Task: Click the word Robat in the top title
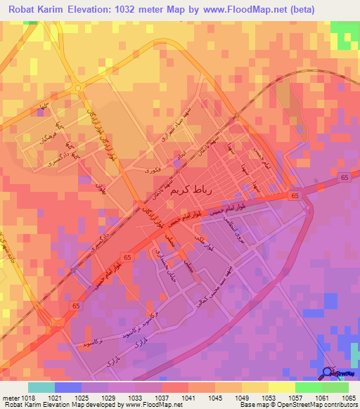pyautogui.click(x=24, y=9)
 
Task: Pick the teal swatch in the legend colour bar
pyautogui.click(x=41, y=387)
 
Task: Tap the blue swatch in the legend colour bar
pyautogui.click(x=68, y=387)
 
